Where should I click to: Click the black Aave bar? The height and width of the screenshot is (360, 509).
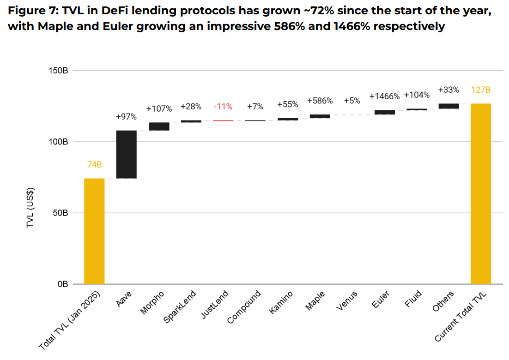click(x=126, y=154)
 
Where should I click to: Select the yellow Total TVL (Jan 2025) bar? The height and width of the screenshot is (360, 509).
click(x=94, y=231)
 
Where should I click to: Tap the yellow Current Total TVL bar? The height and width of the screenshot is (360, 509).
click(x=480, y=194)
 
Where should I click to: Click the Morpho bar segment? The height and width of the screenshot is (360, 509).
click(x=158, y=126)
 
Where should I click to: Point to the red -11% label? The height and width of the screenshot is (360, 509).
click(x=223, y=107)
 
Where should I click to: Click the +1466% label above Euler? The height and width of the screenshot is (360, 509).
click(x=384, y=96)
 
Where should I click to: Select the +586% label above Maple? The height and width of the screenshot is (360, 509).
click(x=320, y=101)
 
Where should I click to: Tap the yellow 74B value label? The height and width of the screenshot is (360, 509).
click(x=94, y=165)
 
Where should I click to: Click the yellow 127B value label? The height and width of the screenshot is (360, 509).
click(x=480, y=90)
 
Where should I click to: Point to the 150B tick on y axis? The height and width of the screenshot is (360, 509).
click(x=59, y=71)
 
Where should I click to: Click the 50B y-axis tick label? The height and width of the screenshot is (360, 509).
click(x=61, y=213)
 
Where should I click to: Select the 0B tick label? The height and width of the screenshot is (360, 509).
click(x=62, y=284)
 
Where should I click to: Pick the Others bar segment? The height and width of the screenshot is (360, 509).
click(x=448, y=106)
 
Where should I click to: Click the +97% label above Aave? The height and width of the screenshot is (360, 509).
click(x=126, y=117)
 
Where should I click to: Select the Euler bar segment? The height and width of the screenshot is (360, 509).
click(x=384, y=112)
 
